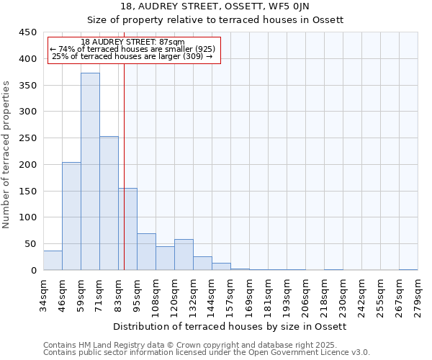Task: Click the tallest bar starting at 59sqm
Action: coord(90,171)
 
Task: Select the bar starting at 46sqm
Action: coord(71,216)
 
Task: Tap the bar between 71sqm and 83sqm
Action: coord(109,203)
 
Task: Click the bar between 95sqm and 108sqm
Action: coord(146,252)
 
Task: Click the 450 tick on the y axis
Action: coord(28,32)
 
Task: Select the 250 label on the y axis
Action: coord(28,138)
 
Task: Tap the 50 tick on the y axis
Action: coord(31,244)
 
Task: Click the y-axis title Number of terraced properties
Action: coord(6,154)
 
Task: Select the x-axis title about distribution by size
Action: coord(230,327)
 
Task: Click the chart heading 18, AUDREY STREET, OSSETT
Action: coord(230,6)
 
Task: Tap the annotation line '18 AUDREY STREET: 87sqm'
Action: coord(132,42)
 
